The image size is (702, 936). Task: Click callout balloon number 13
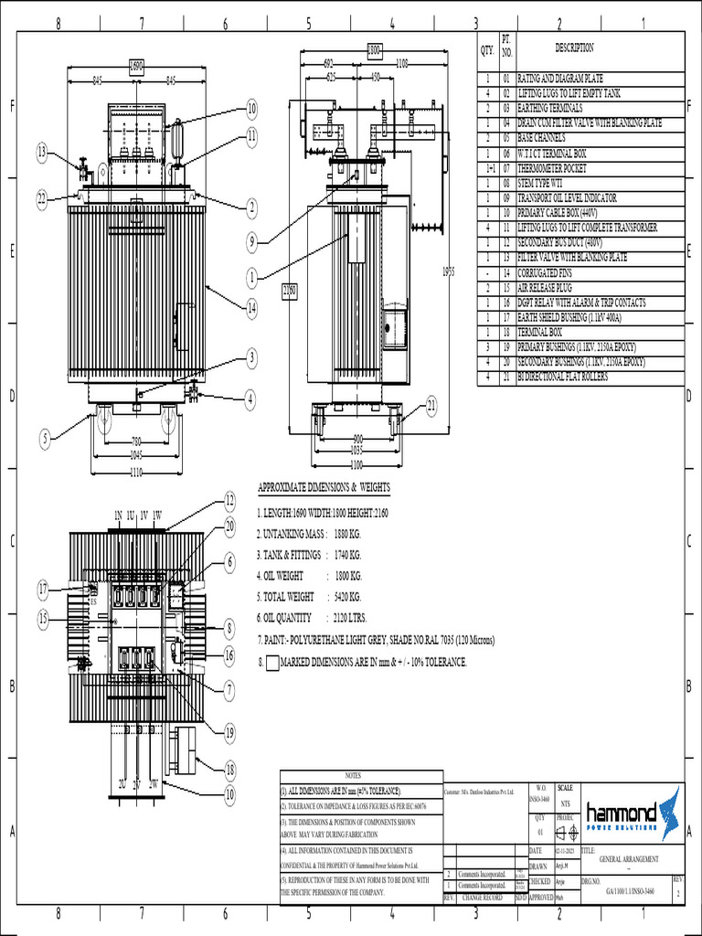(x=41, y=152)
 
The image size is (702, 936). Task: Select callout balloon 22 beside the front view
(x=41, y=198)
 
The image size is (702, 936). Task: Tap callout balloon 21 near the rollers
(x=431, y=405)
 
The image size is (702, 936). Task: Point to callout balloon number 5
(x=45, y=440)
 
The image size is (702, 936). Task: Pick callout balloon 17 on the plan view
(x=42, y=587)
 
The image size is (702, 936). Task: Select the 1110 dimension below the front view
(x=136, y=473)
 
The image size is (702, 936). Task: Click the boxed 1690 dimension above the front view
(x=135, y=66)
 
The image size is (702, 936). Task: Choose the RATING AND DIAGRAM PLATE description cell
(x=560, y=80)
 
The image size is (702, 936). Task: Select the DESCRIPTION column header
(x=574, y=48)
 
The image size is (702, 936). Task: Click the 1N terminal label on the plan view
(x=118, y=516)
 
